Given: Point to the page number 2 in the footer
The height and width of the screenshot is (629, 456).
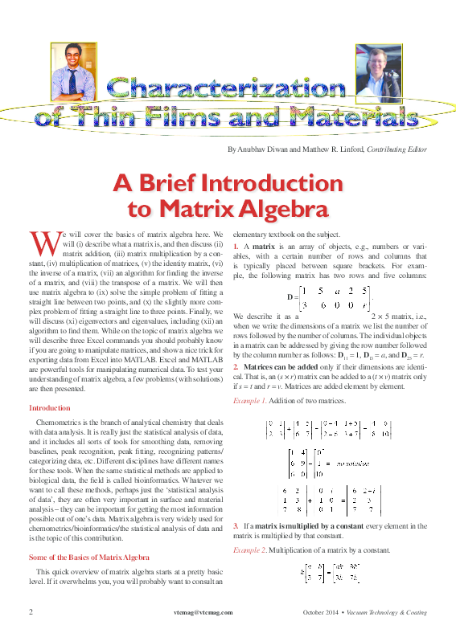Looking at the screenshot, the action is tap(31, 612).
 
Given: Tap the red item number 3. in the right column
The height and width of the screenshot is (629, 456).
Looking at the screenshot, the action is tap(235, 525).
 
